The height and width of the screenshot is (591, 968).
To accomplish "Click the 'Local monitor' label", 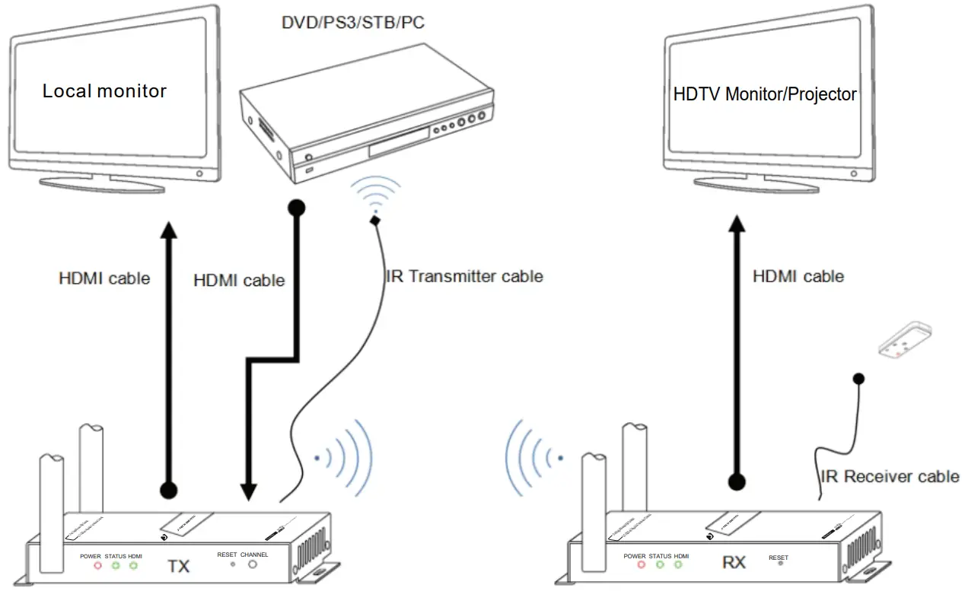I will click(104, 91).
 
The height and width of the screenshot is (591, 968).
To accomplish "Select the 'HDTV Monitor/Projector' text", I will click(765, 94).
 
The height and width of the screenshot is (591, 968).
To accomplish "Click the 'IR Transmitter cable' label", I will click(465, 276).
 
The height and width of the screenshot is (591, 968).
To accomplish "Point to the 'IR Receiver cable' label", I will click(890, 477).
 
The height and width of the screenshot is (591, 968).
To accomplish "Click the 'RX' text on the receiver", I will click(734, 563).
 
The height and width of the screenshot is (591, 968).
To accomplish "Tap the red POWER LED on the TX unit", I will click(97, 565).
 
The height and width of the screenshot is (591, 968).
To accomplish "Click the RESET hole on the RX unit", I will click(779, 567).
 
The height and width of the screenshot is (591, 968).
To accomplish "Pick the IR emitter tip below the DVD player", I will click(374, 221).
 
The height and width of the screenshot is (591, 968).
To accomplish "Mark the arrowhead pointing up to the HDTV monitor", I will click(736, 227).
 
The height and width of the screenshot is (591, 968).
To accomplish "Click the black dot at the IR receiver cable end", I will click(858, 378).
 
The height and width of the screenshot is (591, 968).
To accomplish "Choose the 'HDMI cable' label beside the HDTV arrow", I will click(798, 276).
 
